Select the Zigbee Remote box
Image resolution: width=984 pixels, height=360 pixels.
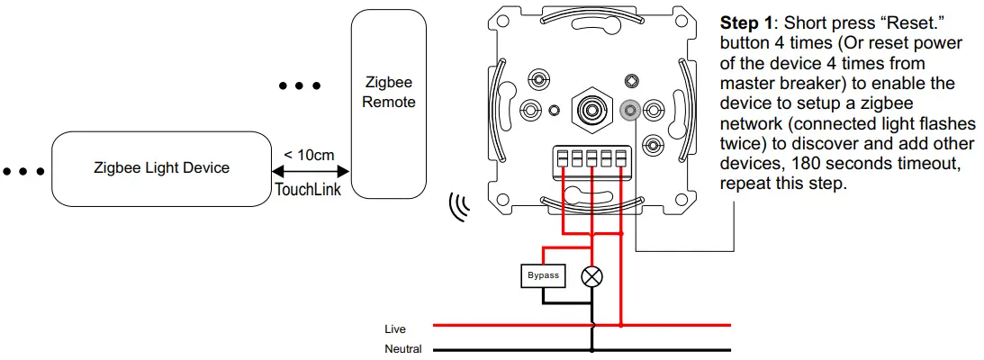point(388,103)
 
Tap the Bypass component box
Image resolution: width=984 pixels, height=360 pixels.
point(543,275)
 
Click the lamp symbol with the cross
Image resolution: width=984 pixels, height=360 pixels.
point(591,276)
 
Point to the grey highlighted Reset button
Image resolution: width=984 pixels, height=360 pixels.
point(629,111)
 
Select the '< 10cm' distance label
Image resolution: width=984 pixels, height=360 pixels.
point(309,155)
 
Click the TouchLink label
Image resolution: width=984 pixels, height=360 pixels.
point(308,190)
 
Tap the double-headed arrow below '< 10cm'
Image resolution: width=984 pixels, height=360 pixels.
point(309,171)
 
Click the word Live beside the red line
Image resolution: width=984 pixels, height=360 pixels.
point(395,329)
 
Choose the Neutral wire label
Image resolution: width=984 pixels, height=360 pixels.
point(403,349)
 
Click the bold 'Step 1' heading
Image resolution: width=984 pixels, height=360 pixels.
point(743,22)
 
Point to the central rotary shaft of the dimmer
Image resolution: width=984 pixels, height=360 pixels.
point(591,110)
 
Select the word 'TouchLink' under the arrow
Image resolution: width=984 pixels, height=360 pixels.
point(308,190)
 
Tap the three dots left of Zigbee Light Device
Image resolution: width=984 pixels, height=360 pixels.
point(22,170)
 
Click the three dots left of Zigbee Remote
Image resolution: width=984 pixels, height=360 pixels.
point(300,86)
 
